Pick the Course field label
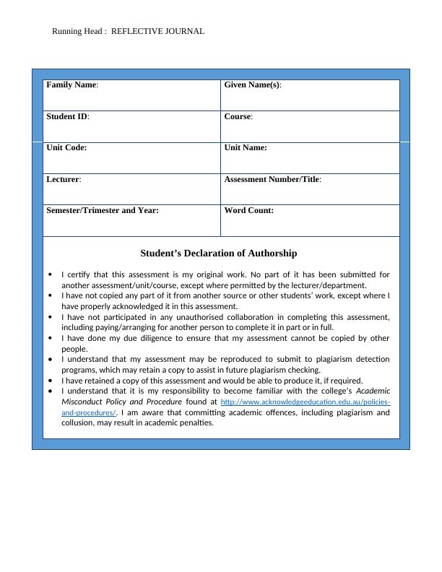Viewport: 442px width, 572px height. point(238,116)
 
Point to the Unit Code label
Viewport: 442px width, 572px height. point(66,147)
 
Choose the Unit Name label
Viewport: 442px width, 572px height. point(246,147)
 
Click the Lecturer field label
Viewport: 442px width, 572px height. point(64,179)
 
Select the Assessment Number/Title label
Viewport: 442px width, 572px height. point(272,179)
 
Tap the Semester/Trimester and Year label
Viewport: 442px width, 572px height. point(103,210)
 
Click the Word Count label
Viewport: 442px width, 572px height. point(248,210)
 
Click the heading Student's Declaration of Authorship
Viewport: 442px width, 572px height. point(218,253)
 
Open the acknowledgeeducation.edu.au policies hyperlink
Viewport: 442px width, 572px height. point(305,402)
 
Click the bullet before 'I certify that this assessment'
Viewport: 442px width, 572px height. point(50,274)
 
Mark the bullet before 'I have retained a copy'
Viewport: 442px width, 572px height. point(50,381)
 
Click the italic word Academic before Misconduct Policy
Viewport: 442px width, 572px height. point(373,391)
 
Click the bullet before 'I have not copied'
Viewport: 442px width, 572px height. point(50,295)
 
